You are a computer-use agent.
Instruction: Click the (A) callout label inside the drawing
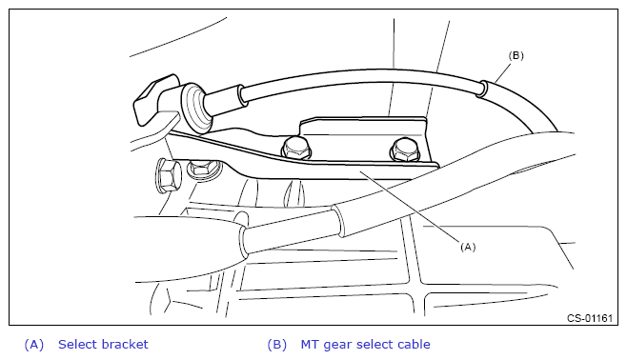(x=468, y=247)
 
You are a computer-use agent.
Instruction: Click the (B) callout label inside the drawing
(x=516, y=55)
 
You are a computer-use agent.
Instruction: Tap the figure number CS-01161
(x=590, y=318)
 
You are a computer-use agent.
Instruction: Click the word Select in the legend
(x=78, y=344)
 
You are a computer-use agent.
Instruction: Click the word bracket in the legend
(x=125, y=344)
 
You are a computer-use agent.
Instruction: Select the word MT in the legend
(x=310, y=344)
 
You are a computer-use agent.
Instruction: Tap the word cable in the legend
(x=414, y=344)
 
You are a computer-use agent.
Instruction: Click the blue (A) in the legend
(x=34, y=345)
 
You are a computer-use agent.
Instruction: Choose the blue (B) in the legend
(x=276, y=345)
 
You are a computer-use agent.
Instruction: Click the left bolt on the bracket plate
(x=296, y=149)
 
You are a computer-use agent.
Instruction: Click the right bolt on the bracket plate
(x=405, y=150)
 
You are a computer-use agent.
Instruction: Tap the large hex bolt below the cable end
(x=167, y=175)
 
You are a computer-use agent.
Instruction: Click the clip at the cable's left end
(x=155, y=99)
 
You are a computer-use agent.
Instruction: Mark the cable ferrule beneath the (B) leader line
(x=482, y=89)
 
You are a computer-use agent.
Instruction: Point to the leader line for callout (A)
(x=409, y=206)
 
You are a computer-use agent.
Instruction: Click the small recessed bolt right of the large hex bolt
(x=203, y=169)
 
